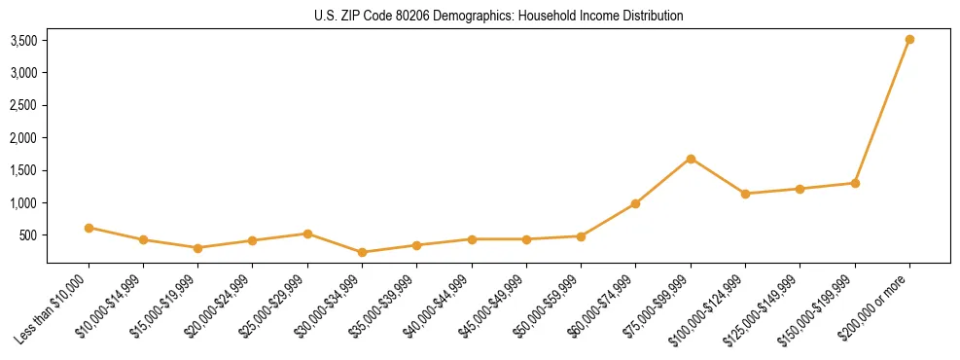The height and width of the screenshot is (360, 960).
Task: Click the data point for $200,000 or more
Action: [909, 39]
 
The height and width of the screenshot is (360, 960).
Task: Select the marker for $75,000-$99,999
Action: [691, 159]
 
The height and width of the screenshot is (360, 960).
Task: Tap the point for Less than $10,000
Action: [89, 228]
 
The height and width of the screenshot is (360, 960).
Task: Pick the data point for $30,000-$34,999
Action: [362, 252]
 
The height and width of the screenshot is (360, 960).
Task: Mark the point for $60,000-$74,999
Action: [635, 203]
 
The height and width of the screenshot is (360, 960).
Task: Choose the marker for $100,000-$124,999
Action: [745, 194]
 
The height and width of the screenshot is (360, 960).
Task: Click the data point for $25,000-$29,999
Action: [307, 234]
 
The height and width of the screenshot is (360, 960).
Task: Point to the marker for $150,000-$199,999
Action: [855, 183]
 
